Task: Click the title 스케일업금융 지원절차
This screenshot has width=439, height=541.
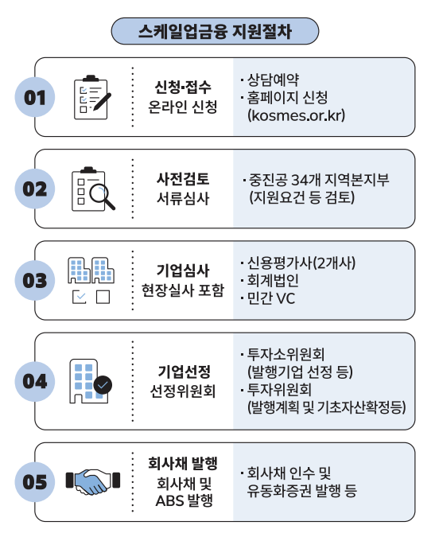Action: point(215,31)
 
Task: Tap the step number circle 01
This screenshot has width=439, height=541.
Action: point(35,97)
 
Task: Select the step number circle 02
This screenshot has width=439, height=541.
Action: point(35,189)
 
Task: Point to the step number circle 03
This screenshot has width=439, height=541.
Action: point(35,281)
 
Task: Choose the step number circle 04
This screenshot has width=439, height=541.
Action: point(35,382)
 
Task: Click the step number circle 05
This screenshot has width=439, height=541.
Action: point(35,482)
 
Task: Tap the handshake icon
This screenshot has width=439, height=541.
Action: point(93,481)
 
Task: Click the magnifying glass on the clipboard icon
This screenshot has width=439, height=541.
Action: point(102,197)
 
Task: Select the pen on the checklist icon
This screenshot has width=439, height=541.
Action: point(102,102)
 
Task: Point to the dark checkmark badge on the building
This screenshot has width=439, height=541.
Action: point(103,385)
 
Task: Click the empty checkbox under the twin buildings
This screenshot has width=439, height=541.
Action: point(103,297)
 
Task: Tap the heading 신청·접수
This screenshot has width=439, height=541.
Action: point(182,87)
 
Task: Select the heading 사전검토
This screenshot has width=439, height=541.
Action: point(183,179)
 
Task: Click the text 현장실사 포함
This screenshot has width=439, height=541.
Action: point(183,290)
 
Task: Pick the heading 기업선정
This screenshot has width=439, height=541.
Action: point(184,372)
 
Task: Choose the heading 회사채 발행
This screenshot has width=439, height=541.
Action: point(183,463)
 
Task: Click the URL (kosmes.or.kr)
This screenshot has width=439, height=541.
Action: point(296,115)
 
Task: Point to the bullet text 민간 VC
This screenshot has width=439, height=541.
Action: point(271,298)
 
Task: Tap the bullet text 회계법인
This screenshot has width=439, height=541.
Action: point(273,281)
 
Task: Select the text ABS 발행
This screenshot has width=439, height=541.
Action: point(185,500)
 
